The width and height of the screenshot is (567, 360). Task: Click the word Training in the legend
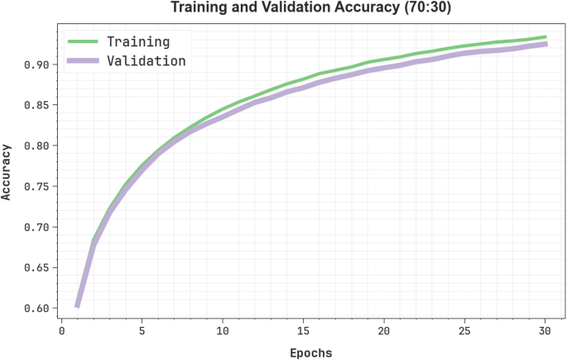pyautogui.click(x=138, y=41)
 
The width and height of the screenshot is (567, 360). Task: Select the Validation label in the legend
pyautogui.click(x=147, y=61)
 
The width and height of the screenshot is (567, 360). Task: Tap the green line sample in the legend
pyautogui.click(x=84, y=41)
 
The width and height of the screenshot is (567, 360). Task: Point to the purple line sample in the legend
pyautogui.click(x=84, y=61)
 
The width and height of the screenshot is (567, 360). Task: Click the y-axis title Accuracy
pyautogui.click(x=7, y=171)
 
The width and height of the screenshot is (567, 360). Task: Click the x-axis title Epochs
pyautogui.click(x=310, y=353)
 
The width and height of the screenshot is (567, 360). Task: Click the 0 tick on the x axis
pyautogui.click(x=61, y=331)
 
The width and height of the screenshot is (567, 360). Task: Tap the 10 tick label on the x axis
pyautogui.click(x=222, y=331)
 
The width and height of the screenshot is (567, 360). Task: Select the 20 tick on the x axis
pyautogui.click(x=383, y=331)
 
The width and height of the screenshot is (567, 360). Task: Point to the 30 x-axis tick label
pyautogui.click(x=545, y=331)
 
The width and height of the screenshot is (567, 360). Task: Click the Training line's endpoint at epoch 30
pyautogui.click(x=545, y=37)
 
